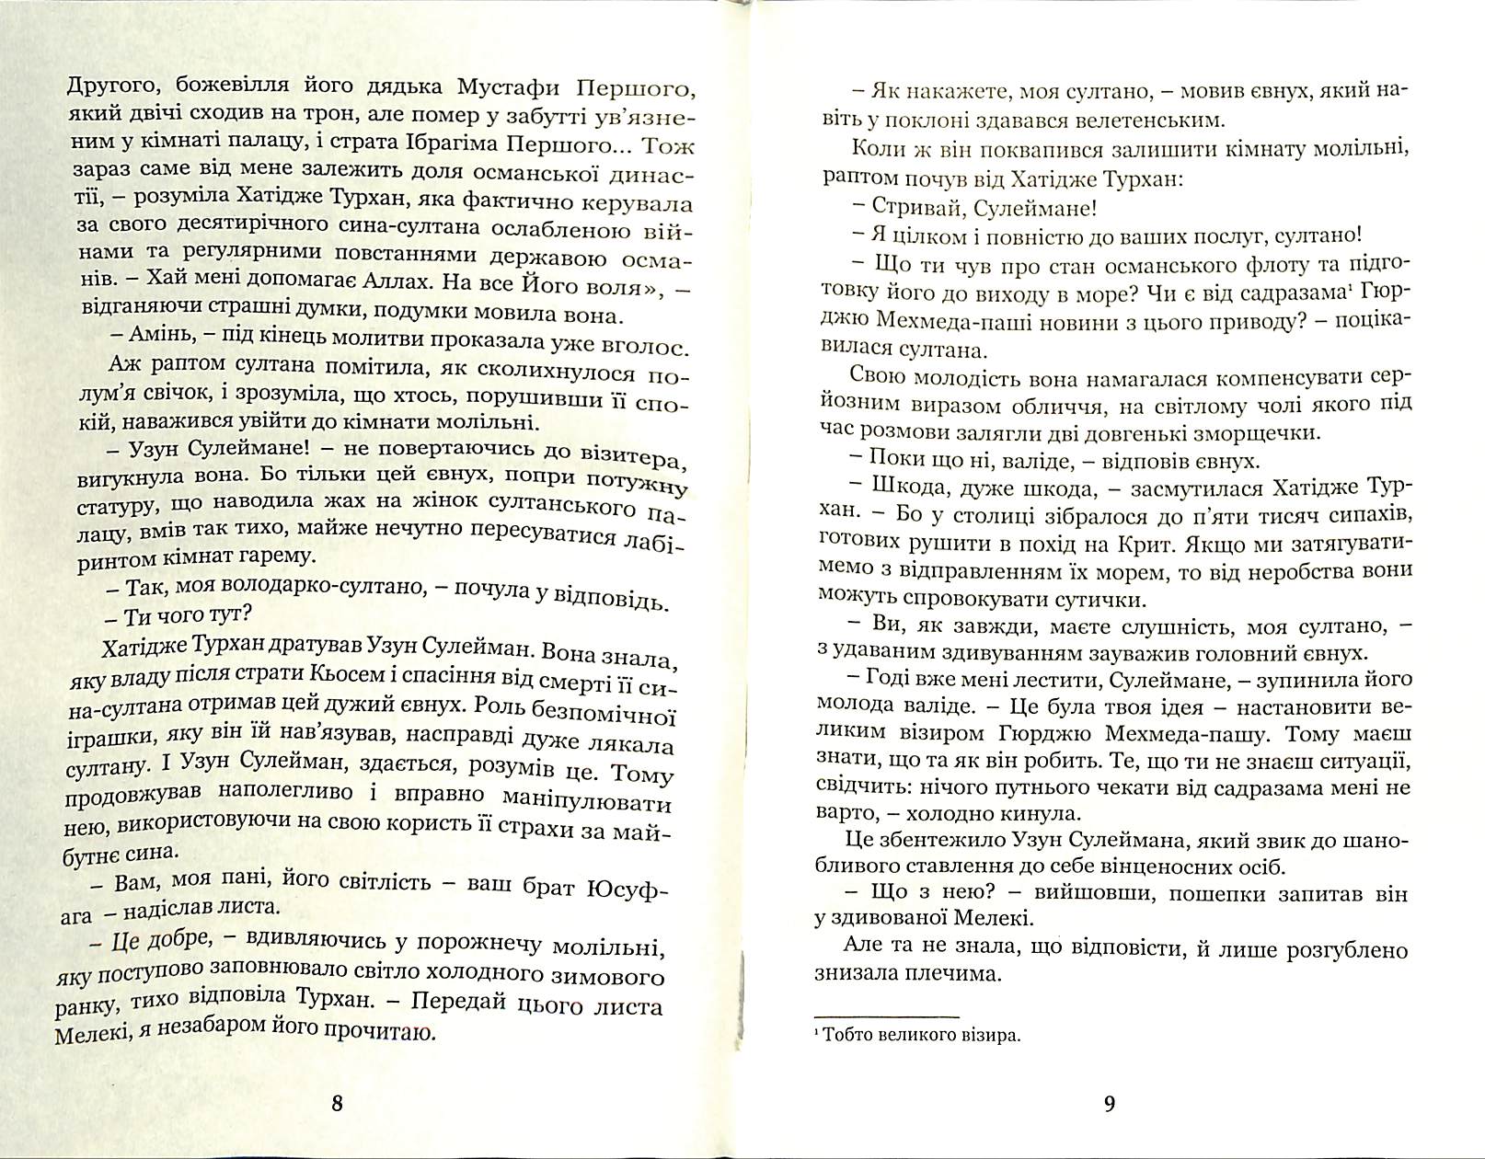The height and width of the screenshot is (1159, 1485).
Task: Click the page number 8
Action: pos(336,1105)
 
